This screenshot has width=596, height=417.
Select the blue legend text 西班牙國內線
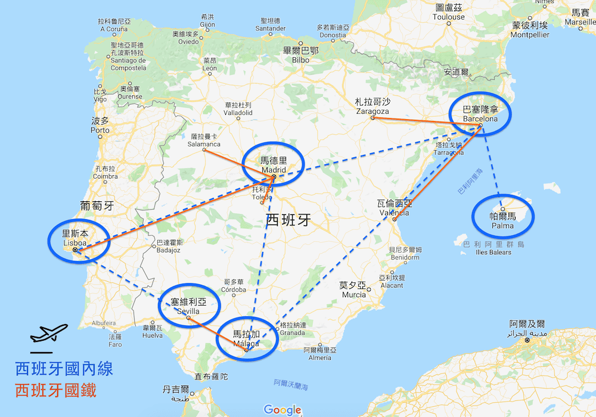(x=64, y=368)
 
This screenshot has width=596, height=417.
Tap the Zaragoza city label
(x=372, y=107)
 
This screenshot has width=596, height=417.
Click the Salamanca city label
(x=204, y=140)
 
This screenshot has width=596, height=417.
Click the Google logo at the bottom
(x=283, y=409)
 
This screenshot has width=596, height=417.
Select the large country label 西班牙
(x=288, y=220)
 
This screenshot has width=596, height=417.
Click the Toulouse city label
(x=449, y=13)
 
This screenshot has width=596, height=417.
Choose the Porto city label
(x=100, y=125)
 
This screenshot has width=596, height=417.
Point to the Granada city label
(x=293, y=329)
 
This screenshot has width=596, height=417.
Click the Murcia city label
(x=354, y=290)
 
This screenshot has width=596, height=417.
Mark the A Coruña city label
(x=114, y=24)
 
